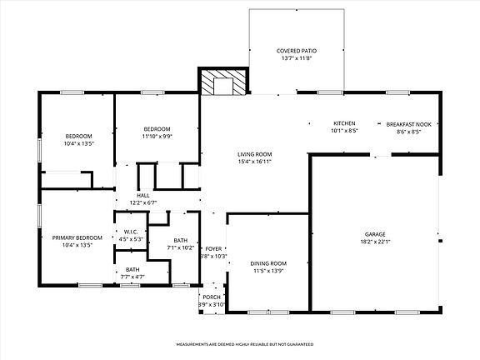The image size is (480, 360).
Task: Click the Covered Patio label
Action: coord(297,51)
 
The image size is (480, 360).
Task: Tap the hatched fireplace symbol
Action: coord(222,83)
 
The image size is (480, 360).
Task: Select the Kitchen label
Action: coord(345,122)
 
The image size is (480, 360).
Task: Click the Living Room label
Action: coord(254,153)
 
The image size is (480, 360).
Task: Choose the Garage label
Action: coord(376,234)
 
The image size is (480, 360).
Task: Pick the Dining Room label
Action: coord(268,263)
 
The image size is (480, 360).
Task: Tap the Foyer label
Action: coord(214,248)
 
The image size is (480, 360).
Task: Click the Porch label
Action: coord(212,297)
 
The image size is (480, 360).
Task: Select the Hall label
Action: coord(142,195)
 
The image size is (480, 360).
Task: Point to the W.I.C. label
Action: coord(131,232)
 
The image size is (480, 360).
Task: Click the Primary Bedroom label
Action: coord(77,237)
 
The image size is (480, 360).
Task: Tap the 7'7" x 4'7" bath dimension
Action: coord(132,277)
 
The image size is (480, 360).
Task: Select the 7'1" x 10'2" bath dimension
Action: coord(181,247)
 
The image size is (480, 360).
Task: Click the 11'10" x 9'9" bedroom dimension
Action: coord(157,136)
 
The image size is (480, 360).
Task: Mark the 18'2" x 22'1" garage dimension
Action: coord(376,242)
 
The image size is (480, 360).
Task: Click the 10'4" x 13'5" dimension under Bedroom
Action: coord(79,143)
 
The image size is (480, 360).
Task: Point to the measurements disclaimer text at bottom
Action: coord(239,343)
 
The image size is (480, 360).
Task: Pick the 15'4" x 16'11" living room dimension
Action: coord(254,161)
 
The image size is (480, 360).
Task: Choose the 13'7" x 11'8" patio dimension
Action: coord(297,58)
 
